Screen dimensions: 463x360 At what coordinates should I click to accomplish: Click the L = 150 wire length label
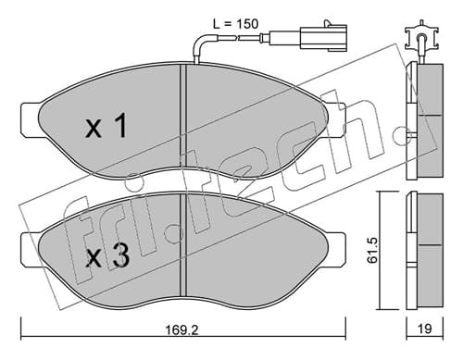[x=235, y=24]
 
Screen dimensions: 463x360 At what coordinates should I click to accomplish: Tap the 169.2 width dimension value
[x=182, y=330]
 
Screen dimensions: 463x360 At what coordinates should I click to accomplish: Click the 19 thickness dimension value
[x=425, y=329]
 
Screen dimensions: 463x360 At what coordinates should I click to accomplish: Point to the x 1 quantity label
[x=106, y=125]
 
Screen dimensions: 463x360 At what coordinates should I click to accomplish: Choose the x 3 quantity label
[x=107, y=254]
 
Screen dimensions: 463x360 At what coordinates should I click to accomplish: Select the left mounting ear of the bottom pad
[x=31, y=249]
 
